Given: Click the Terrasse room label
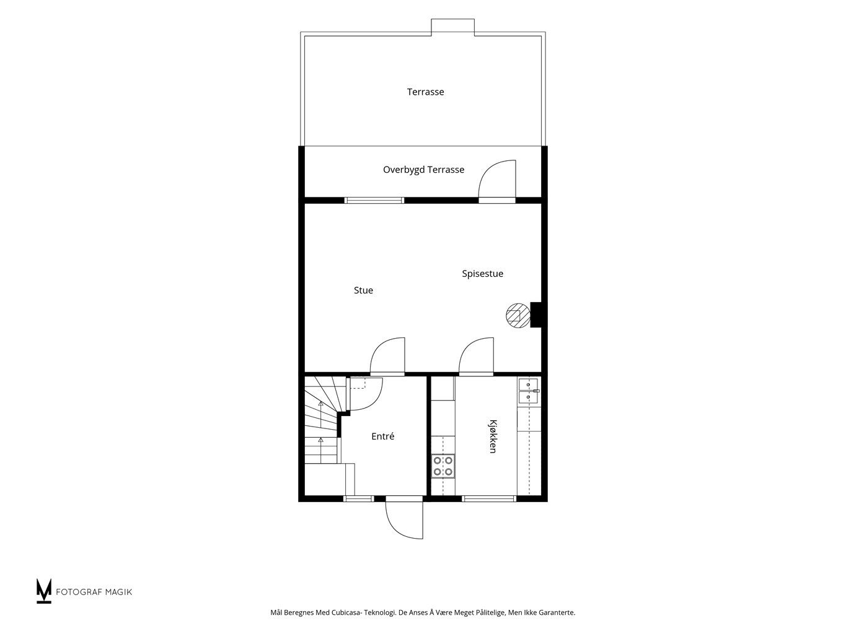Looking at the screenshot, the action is click(x=425, y=92).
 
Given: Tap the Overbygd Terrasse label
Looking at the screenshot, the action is click(x=423, y=170).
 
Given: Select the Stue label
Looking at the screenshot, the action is click(x=363, y=290).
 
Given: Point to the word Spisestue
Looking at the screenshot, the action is click(x=482, y=274).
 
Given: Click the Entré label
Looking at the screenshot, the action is click(x=382, y=436).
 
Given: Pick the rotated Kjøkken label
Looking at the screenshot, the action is click(x=493, y=436).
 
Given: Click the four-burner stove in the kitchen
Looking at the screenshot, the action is click(x=443, y=466).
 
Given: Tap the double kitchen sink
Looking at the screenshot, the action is click(x=529, y=391).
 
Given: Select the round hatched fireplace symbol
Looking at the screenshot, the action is click(x=518, y=315).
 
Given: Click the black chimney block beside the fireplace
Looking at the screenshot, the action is click(x=536, y=315).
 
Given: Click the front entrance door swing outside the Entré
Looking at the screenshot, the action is click(x=404, y=519).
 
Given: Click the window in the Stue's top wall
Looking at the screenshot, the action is click(x=374, y=200).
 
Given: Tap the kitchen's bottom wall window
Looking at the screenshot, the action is click(x=489, y=499).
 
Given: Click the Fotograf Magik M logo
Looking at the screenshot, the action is click(x=44, y=591).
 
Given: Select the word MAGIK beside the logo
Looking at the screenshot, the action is click(x=120, y=592).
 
